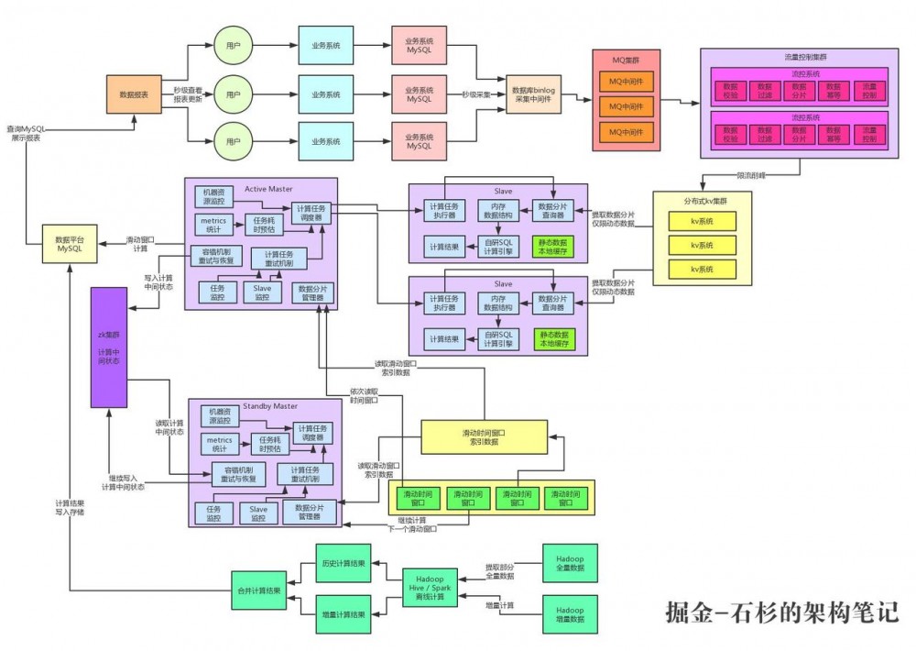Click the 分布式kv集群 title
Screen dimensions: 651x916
pyautogui.click(x=702, y=201)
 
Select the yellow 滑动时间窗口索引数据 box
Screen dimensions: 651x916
pyautogui.click(x=484, y=436)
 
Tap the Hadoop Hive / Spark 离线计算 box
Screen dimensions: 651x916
pyautogui.click(x=431, y=587)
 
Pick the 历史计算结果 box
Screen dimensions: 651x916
pyautogui.click(x=343, y=563)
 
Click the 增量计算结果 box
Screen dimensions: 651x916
pyautogui.click(x=343, y=613)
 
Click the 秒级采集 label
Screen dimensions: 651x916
pyautogui.click(x=474, y=94)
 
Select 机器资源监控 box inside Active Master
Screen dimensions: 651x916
pyautogui.click(x=215, y=196)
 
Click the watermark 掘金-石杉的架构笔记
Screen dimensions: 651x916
pyautogui.click(x=781, y=612)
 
